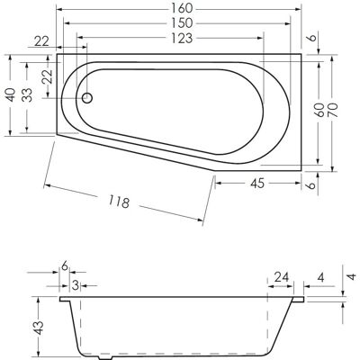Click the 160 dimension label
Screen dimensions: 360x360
(x=182, y=8)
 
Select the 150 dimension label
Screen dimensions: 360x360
(x=182, y=22)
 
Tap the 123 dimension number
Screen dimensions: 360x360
(x=182, y=38)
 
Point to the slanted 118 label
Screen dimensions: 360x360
(x=119, y=201)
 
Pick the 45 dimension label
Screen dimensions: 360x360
(x=257, y=184)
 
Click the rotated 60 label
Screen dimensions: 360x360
(x=319, y=110)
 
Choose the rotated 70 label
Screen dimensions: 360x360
(x=333, y=110)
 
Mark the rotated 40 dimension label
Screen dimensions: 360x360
(x=11, y=94)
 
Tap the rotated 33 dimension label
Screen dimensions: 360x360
(x=28, y=94)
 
